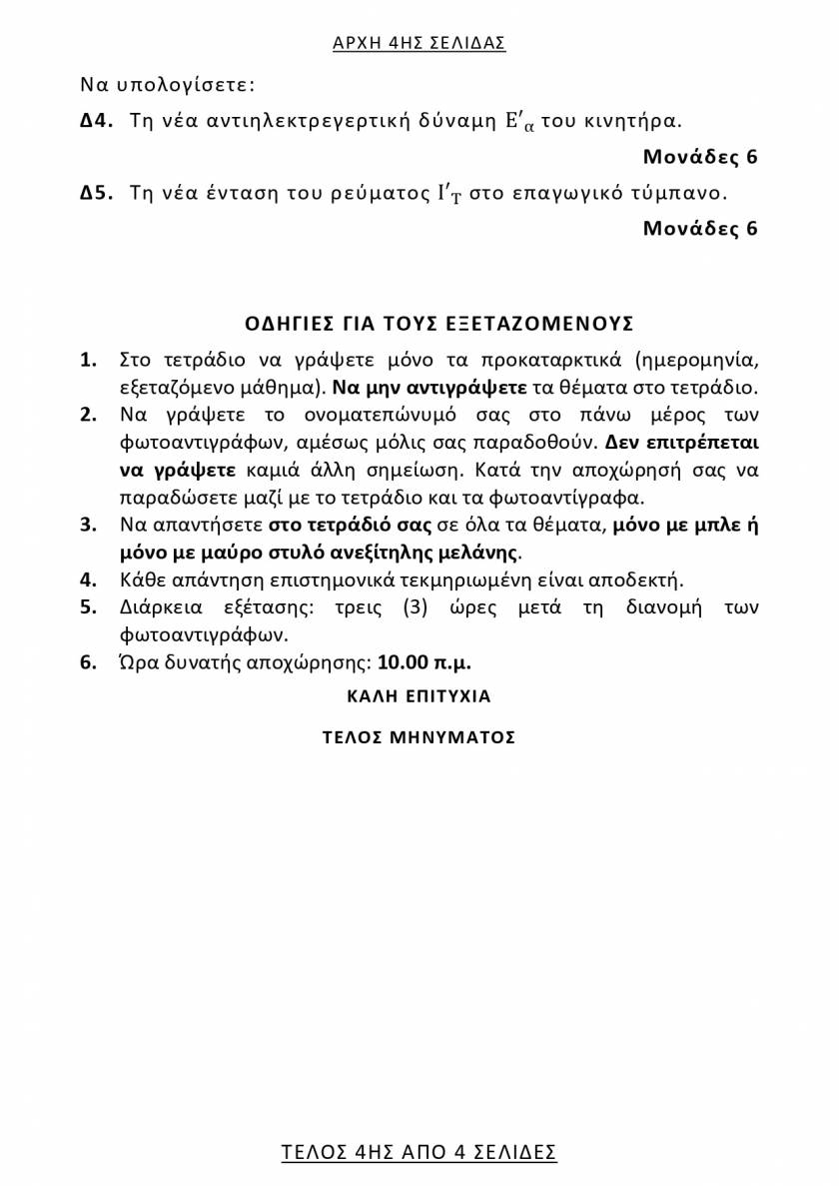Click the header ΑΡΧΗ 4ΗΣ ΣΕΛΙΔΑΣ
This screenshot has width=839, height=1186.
coord(419,43)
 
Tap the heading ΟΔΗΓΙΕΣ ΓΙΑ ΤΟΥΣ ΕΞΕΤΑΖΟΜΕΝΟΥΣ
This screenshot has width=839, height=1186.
coord(439,324)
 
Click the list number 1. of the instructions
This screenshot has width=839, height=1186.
coord(88,360)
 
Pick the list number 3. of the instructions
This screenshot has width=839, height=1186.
coord(88,525)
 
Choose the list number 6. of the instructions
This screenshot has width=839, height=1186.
coord(88,661)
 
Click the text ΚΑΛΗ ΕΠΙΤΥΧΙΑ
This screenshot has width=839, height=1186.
coord(419,695)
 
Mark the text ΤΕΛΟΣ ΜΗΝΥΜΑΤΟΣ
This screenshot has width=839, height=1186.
coord(419,737)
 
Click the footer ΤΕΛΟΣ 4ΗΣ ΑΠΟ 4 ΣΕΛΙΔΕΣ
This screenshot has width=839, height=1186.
coord(419,1151)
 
